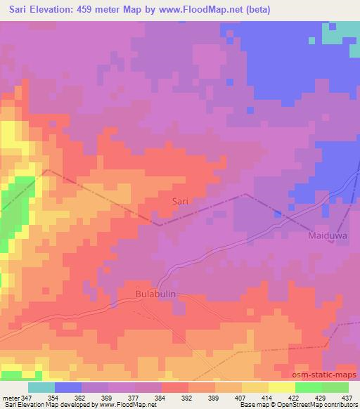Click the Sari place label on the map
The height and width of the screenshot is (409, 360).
tap(181, 201)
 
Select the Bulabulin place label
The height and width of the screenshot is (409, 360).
tap(155, 294)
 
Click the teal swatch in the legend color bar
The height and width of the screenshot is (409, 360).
tap(41, 387)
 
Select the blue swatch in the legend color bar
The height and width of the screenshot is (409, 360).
tap(68, 387)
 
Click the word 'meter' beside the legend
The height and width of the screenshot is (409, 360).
tap(10, 397)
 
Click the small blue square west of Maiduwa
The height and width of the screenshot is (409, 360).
tap(279, 212)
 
